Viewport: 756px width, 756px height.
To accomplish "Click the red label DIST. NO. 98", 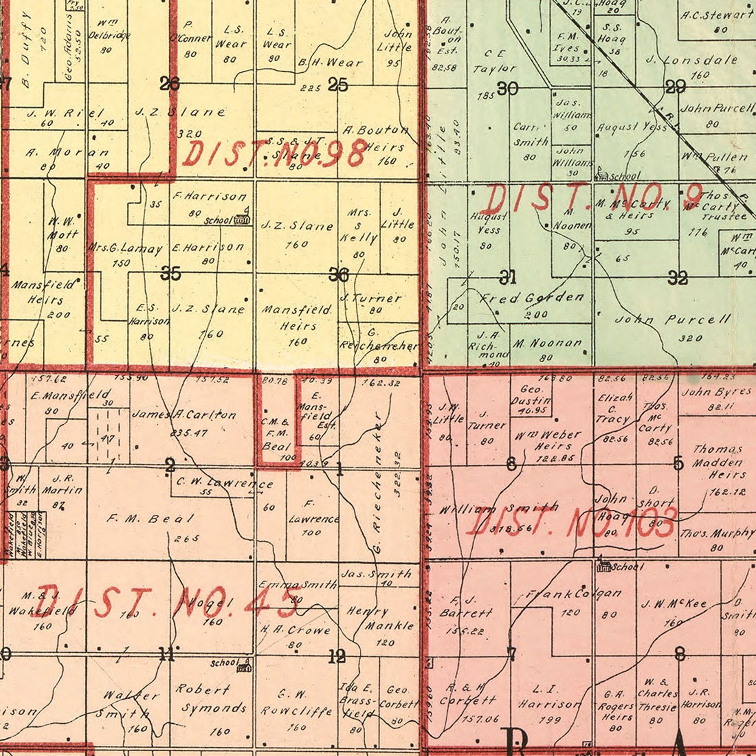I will [275, 153].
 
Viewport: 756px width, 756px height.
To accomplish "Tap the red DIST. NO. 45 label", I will [167, 603].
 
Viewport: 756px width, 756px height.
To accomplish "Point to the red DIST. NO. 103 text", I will [571, 522].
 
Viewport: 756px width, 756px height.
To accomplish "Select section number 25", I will [338, 85].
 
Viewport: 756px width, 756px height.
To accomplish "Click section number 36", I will [339, 274].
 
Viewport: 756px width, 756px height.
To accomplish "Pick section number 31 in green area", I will [507, 276].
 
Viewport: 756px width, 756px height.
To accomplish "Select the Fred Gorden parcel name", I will [532, 298].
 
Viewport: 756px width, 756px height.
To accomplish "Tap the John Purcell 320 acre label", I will [673, 319].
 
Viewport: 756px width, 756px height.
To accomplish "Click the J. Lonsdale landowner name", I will [692, 60].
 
